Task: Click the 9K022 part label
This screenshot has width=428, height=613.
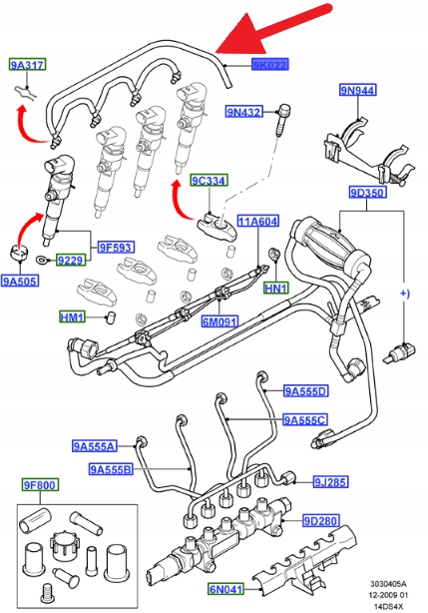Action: [270, 65]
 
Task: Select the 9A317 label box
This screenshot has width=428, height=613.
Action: [27, 65]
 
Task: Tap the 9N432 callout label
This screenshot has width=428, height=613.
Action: [244, 112]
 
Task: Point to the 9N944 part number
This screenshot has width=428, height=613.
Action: [358, 90]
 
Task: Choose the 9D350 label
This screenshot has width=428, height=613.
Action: [368, 193]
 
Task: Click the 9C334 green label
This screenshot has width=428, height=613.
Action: [210, 181]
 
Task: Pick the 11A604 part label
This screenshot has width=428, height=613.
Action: [258, 222]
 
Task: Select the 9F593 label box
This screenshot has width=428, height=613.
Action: [116, 247]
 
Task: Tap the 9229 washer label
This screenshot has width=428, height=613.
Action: [71, 260]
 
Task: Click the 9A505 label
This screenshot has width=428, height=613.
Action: [21, 281]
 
